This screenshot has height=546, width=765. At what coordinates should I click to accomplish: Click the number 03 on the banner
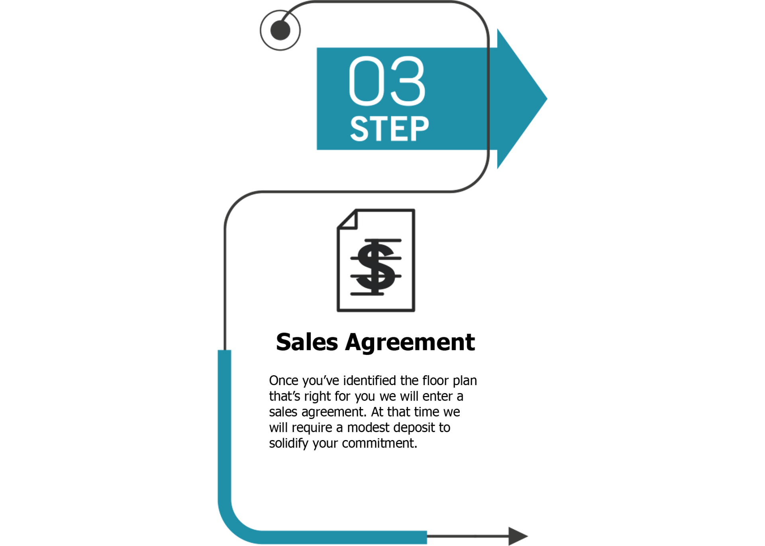point(387,81)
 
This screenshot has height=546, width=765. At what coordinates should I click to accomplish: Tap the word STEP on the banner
point(389,129)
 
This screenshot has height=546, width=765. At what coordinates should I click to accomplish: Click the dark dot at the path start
point(280,30)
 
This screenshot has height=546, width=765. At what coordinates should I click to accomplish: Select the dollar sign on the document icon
point(375,266)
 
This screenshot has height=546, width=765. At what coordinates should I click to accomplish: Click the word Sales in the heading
point(307,342)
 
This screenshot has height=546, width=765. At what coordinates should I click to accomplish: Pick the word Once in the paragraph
point(284,381)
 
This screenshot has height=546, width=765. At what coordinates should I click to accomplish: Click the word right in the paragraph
point(317,397)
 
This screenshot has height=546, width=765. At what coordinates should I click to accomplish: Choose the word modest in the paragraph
point(368,428)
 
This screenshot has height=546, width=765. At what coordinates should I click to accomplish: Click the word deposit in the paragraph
point(414,428)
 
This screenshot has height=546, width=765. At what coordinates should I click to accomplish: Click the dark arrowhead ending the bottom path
point(518,536)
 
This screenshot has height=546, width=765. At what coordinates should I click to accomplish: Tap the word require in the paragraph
point(312,428)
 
